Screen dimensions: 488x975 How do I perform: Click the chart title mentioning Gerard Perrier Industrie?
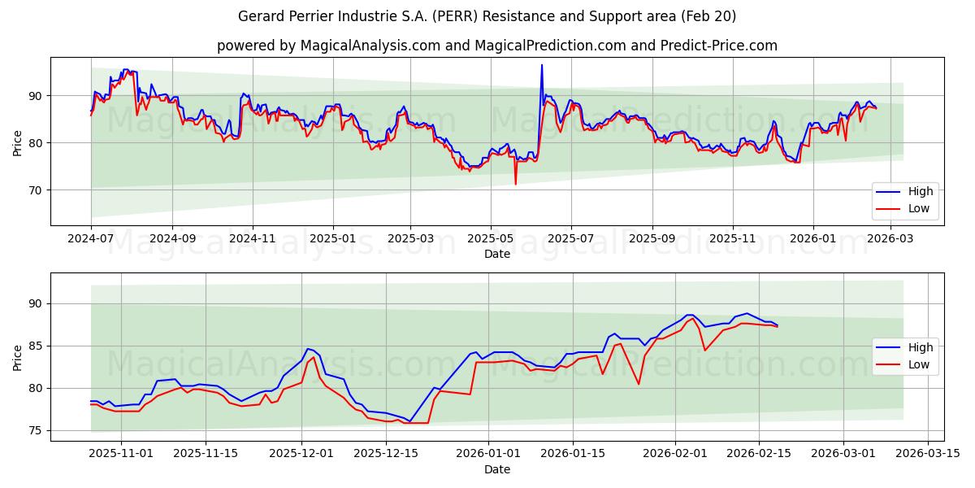point(487,16)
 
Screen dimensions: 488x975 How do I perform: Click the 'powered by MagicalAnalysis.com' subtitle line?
point(496,46)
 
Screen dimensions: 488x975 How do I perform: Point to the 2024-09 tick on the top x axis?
point(172,238)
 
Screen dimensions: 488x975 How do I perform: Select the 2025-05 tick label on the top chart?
point(490,238)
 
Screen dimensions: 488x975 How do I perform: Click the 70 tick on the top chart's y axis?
point(34,190)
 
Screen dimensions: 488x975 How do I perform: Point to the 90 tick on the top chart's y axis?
point(34,96)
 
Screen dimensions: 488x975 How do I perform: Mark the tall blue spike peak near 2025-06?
point(542,65)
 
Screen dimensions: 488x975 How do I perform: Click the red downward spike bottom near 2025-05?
point(515,184)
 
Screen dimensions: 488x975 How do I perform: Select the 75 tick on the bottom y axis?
point(34,430)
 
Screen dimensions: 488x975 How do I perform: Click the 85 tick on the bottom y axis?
point(34,346)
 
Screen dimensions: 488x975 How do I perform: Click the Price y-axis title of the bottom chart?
point(18,357)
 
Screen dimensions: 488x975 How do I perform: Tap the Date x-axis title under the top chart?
point(496,254)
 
